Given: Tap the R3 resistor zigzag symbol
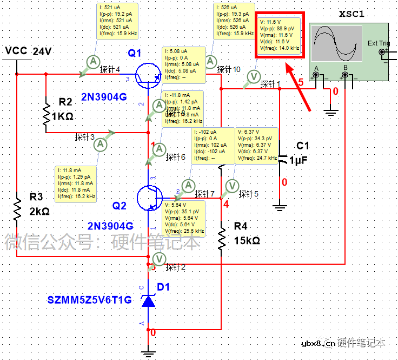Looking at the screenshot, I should coord(17,209).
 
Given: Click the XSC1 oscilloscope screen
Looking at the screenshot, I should coord(336,44).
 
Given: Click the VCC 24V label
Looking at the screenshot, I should coord(28,51).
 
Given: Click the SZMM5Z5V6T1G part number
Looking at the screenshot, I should coord(90,300).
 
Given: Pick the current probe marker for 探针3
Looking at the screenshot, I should coord(101,144).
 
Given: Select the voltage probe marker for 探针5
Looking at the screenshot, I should coord(231,186).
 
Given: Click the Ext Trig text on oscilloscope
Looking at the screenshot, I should coord(379,43).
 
